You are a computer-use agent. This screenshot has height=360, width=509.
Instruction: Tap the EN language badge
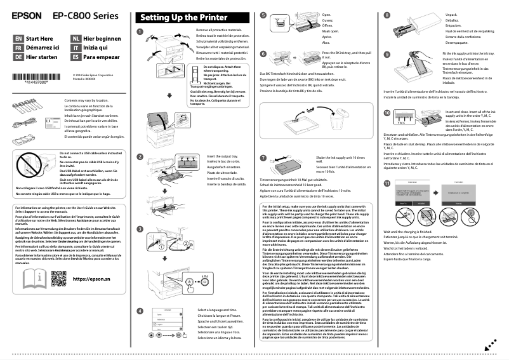[x=18, y=38]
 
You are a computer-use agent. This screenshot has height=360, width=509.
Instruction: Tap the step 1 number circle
[x=140, y=31]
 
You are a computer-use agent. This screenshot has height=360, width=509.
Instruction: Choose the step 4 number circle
[x=140, y=311]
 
